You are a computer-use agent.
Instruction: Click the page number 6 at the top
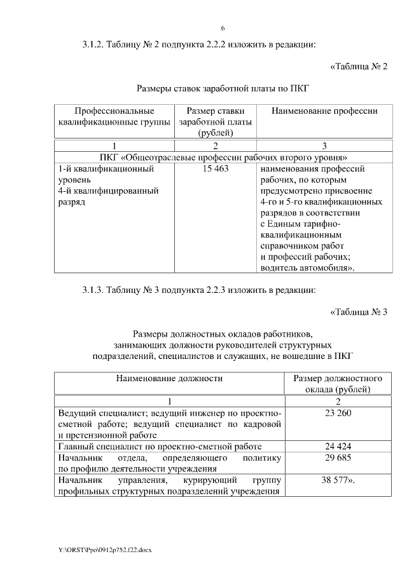click(223, 28)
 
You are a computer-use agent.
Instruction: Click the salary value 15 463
click(216, 170)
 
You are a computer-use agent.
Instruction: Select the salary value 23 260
click(338, 413)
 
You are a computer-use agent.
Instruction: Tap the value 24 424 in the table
click(338, 447)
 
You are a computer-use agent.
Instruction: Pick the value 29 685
click(338, 457)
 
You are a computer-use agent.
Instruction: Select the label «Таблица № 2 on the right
click(359, 66)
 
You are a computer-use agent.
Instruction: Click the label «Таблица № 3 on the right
click(359, 311)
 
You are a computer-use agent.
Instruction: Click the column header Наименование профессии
click(324, 111)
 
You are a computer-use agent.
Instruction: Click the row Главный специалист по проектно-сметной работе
click(160, 447)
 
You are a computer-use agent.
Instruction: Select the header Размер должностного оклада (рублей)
click(338, 384)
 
